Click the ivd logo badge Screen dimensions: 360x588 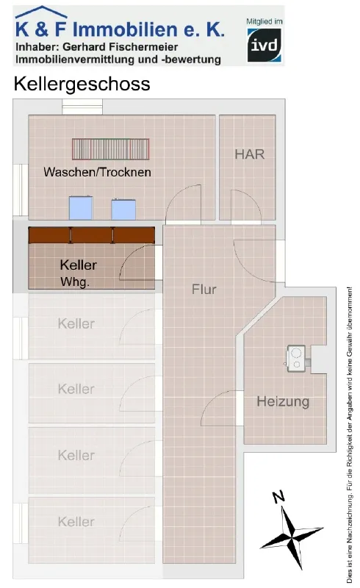point(264,45)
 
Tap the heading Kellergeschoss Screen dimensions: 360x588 point(82,84)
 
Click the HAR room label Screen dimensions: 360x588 point(249,154)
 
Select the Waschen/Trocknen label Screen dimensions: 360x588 point(97,172)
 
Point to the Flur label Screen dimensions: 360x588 point(204,289)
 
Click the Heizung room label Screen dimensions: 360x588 point(283,401)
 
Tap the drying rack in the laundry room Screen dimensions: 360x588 point(111,149)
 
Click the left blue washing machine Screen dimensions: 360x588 point(81,207)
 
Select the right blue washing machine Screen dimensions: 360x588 point(123,209)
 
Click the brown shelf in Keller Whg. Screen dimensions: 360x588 point(92,235)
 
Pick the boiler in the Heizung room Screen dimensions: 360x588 point(296,359)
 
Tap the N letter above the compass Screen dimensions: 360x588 point(278,497)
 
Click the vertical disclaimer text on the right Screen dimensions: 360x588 point(350,435)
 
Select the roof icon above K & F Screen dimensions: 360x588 point(41,12)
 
